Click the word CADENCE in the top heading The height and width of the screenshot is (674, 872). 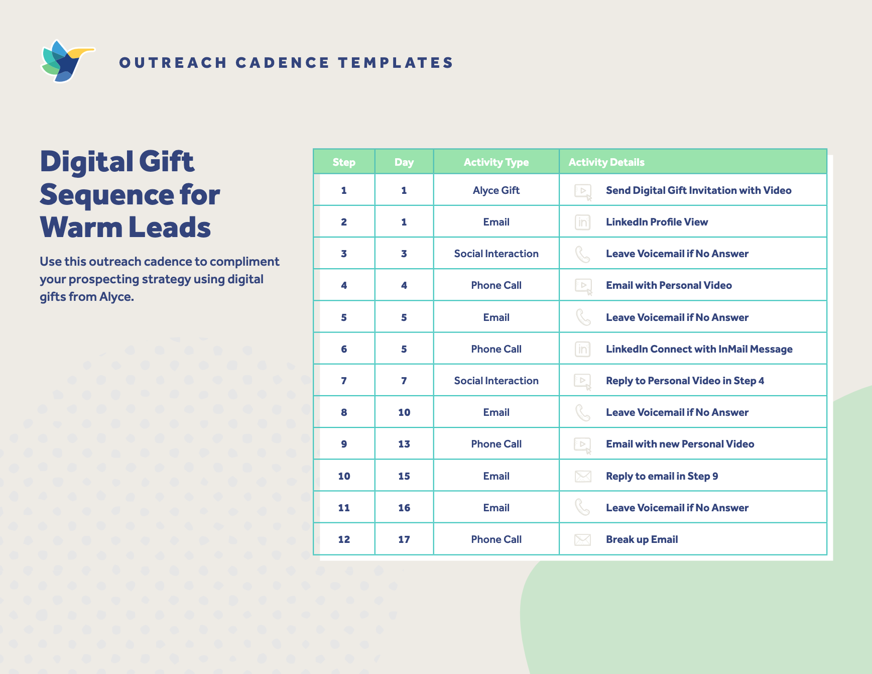click(282, 63)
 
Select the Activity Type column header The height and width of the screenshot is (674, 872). click(496, 162)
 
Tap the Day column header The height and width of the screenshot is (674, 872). click(404, 162)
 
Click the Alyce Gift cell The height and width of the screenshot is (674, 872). click(496, 190)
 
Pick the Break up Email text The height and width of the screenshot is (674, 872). click(642, 539)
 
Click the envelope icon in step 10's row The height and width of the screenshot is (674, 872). click(582, 476)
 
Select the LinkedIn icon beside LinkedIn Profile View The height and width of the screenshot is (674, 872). click(582, 222)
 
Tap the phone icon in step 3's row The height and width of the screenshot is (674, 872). click(582, 254)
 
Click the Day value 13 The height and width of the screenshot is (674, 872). click(404, 444)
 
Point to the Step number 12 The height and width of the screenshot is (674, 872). click(344, 539)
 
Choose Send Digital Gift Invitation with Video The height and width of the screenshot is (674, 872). click(698, 190)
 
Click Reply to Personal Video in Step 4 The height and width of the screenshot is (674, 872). click(685, 381)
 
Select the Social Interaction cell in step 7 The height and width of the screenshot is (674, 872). click(496, 381)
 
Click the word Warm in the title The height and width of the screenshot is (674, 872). click(81, 228)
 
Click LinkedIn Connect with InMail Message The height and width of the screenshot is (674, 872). click(699, 349)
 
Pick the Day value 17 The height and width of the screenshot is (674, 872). click(404, 539)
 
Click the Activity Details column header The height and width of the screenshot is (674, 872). click(606, 162)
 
